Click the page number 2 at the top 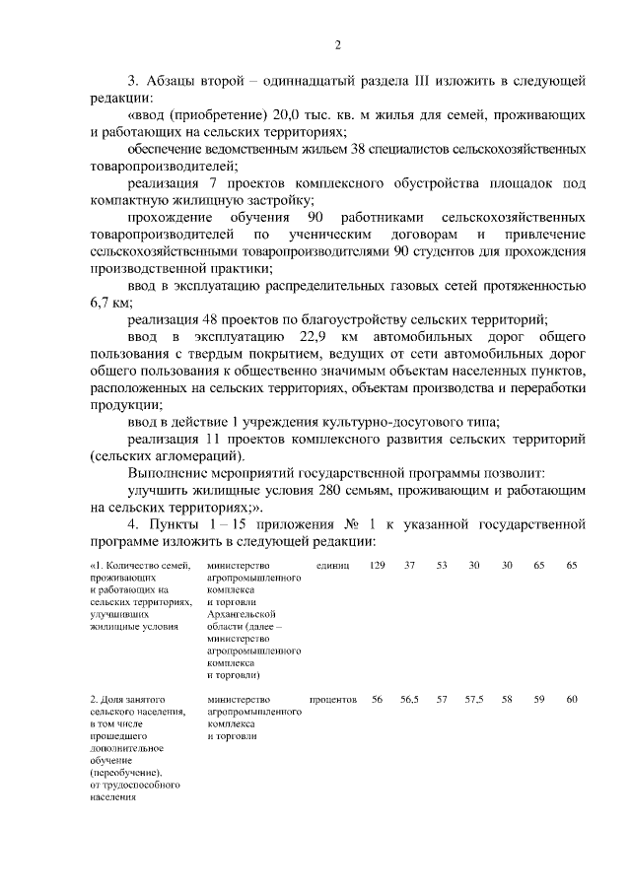point(337,44)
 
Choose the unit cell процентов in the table point(332,700)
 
